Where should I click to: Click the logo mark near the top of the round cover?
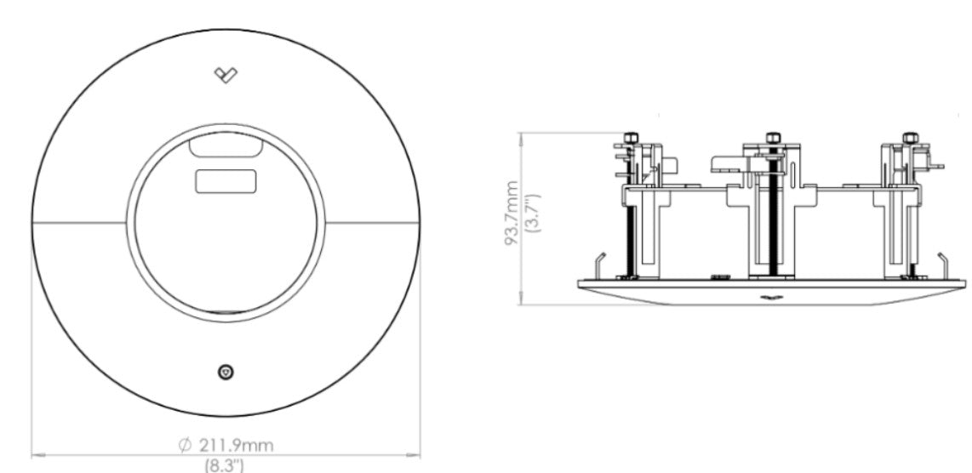click(x=226, y=75)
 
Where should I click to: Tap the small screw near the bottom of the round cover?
click(x=226, y=372)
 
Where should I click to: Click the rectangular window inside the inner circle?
click(x=226, y=180)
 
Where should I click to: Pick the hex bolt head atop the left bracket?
click(x=631, y=138)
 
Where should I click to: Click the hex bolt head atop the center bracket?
click(x=773, y=138)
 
